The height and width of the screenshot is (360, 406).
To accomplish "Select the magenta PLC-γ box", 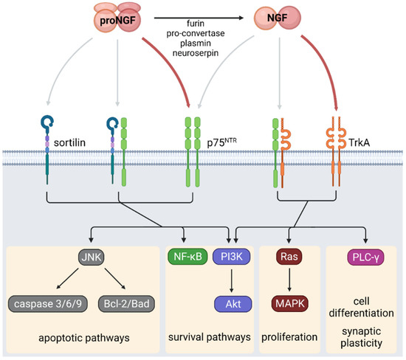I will [363, 258].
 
